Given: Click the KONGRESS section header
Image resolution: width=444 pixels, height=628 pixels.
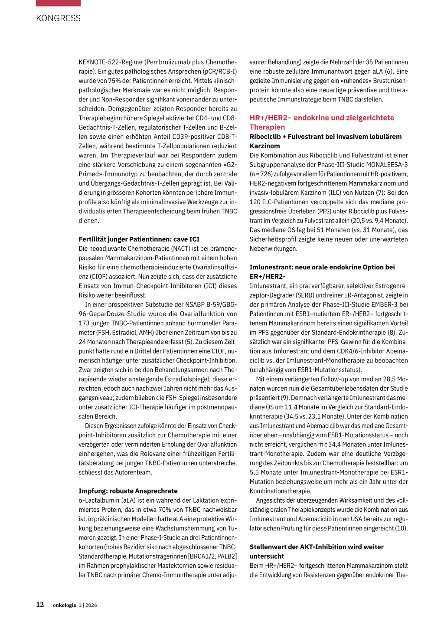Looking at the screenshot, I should coord(58,18).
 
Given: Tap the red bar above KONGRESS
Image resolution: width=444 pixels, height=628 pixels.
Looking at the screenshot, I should coord(58,3).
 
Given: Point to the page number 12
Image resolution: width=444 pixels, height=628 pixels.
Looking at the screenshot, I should coord(40,605).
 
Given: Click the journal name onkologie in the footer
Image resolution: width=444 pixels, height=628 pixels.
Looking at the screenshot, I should coord(64,605).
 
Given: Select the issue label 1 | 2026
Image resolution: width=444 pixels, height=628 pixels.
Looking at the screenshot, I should coord(88,605).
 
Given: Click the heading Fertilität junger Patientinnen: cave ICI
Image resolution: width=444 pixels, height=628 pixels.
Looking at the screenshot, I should coord(139,239).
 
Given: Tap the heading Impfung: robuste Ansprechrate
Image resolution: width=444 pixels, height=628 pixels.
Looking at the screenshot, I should coord(128,491).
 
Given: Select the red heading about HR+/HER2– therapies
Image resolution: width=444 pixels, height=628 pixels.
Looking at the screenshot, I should coord(322,122).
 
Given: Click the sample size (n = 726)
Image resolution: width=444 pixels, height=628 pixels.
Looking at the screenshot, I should coord(261,174).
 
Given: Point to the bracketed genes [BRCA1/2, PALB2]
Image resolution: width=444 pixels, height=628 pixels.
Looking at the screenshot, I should coord(212,556).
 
